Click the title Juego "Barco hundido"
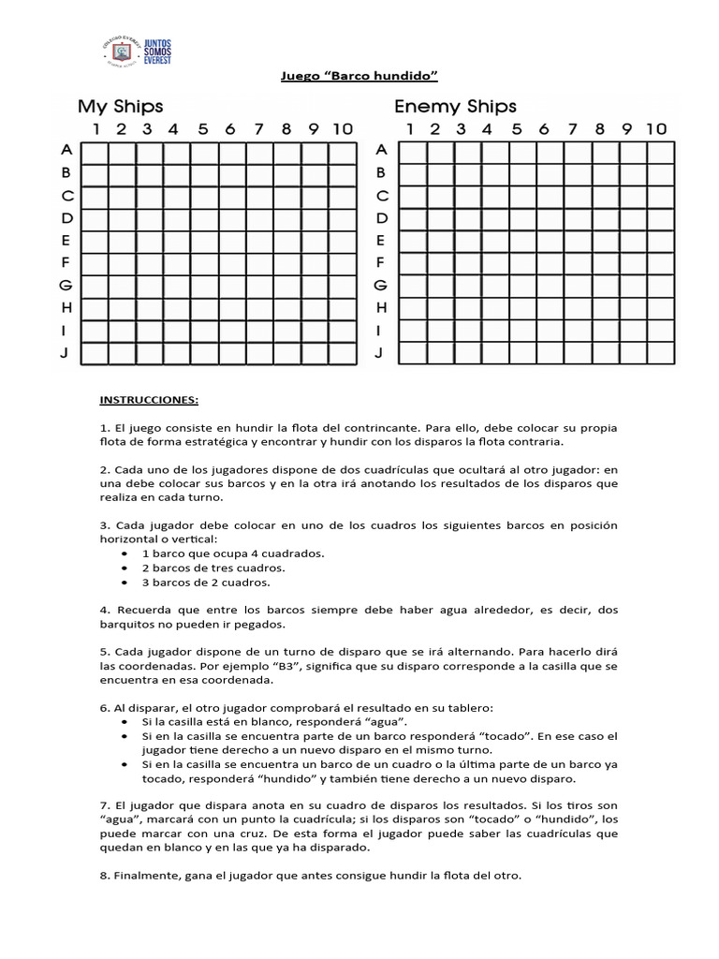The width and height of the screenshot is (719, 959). (360, 74)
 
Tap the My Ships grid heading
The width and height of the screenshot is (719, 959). (120, 106)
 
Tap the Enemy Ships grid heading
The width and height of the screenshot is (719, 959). (455, 106)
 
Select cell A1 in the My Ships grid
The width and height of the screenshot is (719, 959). (95, 151)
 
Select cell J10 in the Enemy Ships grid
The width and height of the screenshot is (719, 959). (660, 353)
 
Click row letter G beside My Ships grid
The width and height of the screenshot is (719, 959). (66, 286)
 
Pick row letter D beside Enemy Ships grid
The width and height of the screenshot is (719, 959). (380, 218)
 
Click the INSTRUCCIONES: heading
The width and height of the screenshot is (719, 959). (149, 400)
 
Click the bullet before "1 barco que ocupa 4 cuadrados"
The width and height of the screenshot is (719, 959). (125, 553)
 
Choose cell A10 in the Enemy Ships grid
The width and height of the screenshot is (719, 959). (660, 151)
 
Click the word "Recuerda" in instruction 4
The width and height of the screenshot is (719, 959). (145, 611)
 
